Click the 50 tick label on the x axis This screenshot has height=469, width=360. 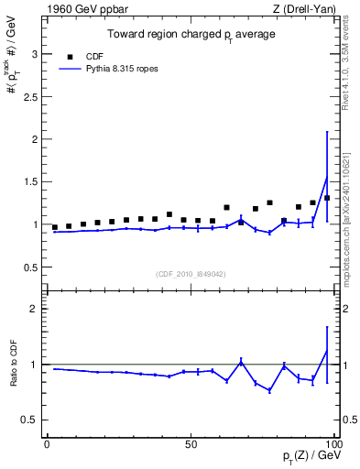click(x=190, y=442)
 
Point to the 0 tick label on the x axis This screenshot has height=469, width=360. click(x=48, y=442)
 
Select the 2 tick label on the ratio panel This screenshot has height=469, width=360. click(x=35, y=309)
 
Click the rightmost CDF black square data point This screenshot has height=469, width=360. click(x=327, y=198)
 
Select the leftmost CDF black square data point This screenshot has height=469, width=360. click(x=55, y=227)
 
